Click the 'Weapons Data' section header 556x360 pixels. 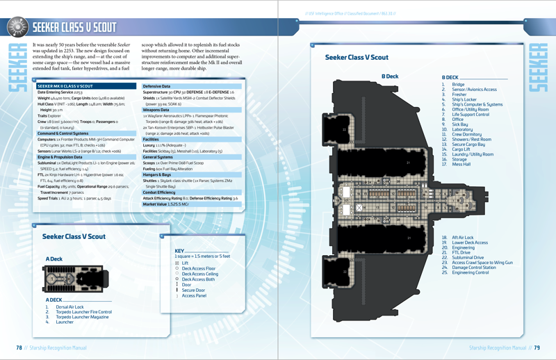tap(156, 110)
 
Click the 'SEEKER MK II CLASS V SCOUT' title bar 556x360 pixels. tap(69, 85)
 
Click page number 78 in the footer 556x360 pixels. tap(20, 347)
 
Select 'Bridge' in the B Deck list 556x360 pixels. tap(458, 84)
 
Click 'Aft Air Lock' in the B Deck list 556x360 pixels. tap(463, 238)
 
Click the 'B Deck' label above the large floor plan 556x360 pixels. tap(390, 76)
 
